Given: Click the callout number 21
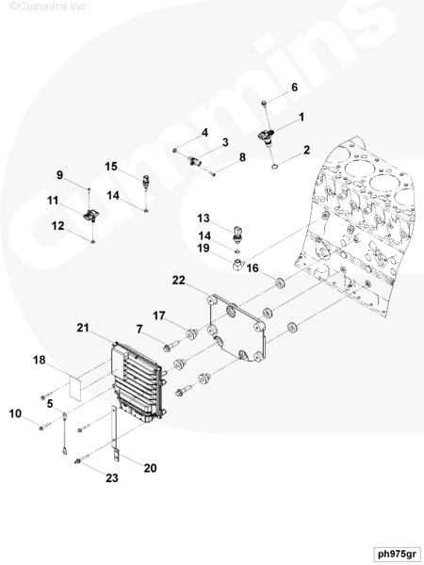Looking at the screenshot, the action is click(x=83, y=328).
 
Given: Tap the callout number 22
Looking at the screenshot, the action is click(x=178, y=280).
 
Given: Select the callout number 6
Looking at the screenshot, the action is click(x=295, y=88).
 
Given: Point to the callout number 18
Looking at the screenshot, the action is click(x=40, y=360).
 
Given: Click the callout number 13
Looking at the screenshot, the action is click(x=204, y=218).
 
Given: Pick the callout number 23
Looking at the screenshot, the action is click(x=112, y=477).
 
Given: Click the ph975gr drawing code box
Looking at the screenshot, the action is click(x=397, y=554).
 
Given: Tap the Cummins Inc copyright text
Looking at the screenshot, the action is click(x=47, y=7).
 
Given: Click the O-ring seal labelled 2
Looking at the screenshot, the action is click(x=275, y=166).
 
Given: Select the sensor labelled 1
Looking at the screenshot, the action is click(x=268, y=137).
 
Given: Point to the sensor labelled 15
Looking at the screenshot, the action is click(x=146, y=182).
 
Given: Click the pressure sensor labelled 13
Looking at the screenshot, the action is click(x=237, y=234).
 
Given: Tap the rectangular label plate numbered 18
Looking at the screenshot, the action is click(x=75, y=387).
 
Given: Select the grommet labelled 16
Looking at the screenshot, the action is click(x=281, y=283).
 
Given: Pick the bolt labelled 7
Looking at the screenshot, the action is click(x=171, y=347).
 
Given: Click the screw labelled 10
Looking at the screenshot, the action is click(x=46, y=426).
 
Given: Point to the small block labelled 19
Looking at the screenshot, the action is click(x=238, y=266).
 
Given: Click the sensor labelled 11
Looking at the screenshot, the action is click(x=91, y=215).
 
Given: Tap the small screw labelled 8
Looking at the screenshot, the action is click(x=212, y=173).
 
